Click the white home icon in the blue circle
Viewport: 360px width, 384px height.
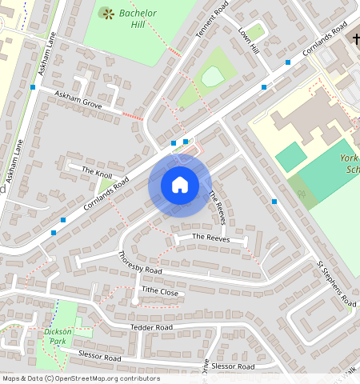180,185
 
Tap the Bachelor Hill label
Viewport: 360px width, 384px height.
138,18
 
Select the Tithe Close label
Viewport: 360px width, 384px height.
159,291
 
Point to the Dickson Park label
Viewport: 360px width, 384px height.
58,336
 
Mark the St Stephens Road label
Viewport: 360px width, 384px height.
335,282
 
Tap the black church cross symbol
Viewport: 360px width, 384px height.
354,39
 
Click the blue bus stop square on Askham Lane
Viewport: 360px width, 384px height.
33,86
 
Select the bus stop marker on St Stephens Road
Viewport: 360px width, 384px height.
274,202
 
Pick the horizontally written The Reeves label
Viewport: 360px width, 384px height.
210,238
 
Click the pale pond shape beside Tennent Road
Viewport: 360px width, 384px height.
211,77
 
